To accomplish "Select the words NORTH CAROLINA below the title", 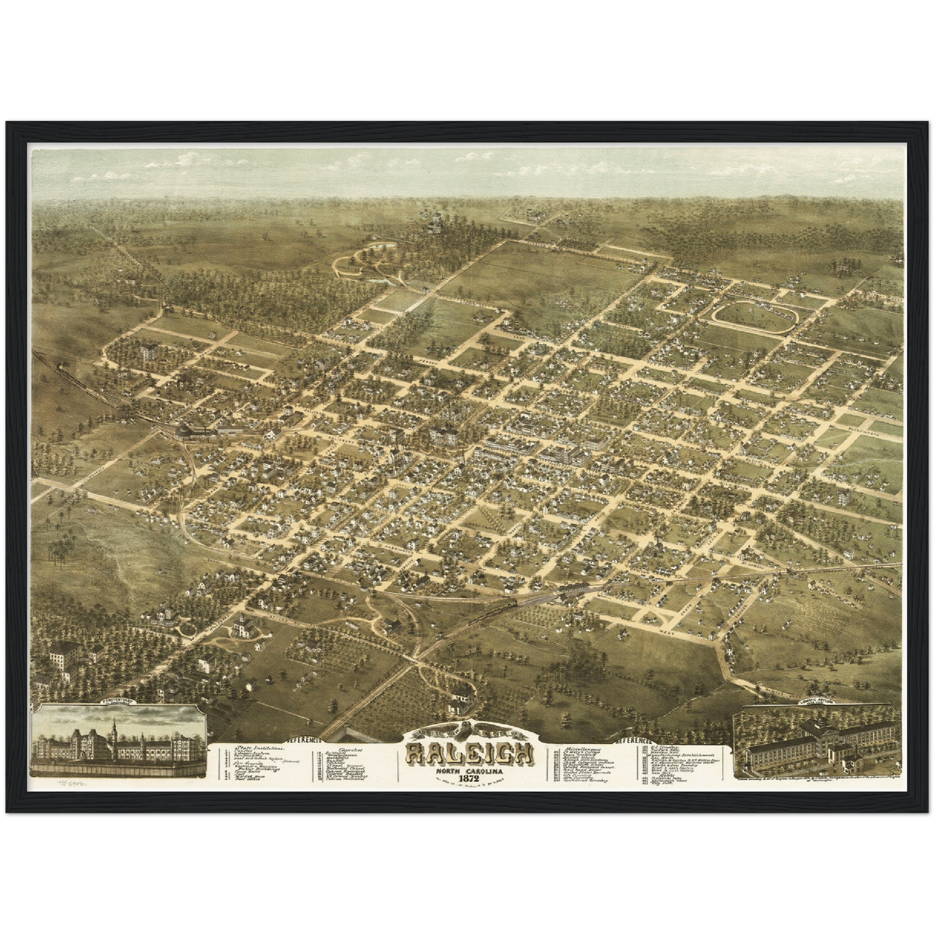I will pos(469,769).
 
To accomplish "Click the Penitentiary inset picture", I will pos(116,742).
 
